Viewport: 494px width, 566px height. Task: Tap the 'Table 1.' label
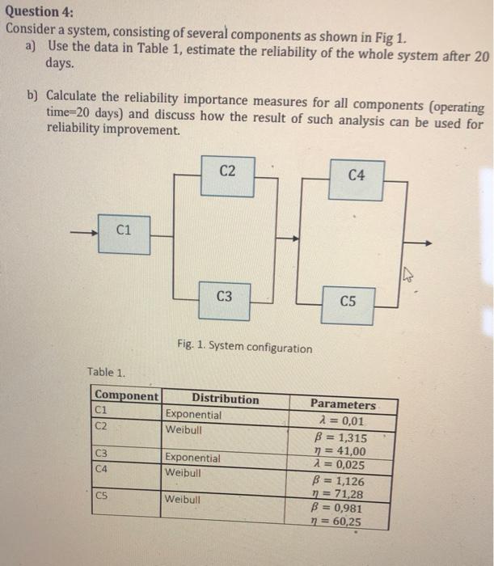point(106,373)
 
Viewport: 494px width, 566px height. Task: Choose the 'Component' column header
point(127,396)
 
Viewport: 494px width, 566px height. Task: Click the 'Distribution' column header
point(226,399)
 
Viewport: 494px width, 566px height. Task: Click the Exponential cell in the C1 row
point(192,414)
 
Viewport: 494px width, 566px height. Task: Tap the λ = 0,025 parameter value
point(343,465)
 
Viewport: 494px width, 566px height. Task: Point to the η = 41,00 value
point(344,451)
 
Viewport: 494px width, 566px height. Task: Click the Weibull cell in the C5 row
point(184,499)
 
